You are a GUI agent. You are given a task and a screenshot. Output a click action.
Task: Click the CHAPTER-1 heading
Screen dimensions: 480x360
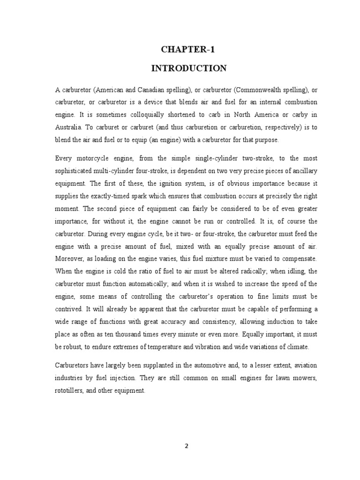[188, 51]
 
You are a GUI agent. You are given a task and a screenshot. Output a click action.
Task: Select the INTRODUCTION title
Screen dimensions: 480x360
[188, 68]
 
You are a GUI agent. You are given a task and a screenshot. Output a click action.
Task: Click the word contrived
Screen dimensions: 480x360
[68, 309]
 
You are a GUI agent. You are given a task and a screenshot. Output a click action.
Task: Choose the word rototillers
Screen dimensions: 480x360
[70, 390]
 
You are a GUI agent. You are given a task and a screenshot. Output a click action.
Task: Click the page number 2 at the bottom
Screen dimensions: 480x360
[186, 446]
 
